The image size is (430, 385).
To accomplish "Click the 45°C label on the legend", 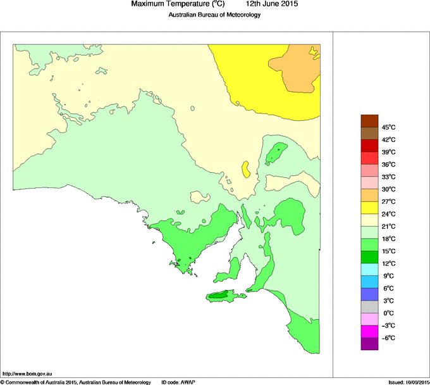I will pos(388,127).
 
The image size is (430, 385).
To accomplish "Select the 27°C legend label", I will pos(388,201).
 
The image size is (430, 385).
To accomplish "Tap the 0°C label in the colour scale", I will pos(388,313).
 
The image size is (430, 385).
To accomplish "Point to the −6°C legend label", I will pos(388,338).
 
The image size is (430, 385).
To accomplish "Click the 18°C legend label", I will pos(388,239).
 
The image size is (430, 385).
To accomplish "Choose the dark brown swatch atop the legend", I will pos(369,120).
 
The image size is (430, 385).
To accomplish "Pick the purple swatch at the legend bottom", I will pos(369,344).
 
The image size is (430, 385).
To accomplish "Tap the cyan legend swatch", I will pos(369,270).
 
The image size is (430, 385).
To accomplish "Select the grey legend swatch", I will pos(369,306).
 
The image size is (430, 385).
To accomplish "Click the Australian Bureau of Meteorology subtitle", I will pos(214,15).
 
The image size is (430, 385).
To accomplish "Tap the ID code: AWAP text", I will pos(178,382).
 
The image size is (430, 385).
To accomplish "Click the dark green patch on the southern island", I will pos(219,295).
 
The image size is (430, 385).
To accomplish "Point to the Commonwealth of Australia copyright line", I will pos(75,382).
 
